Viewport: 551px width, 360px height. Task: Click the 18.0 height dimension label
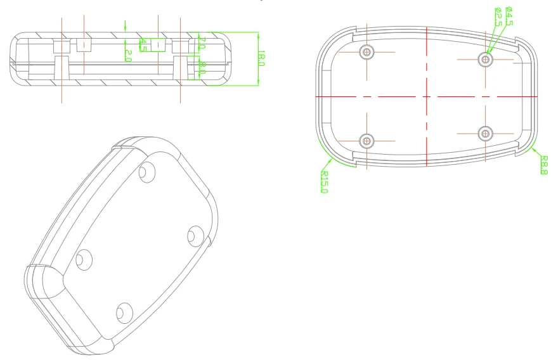pyautogui.click(x=261, y=58)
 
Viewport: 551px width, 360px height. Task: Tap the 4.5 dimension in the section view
pyautogui.click(x=143, y=45)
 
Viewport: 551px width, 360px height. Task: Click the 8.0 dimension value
pyautogui.click(x=202, y=67)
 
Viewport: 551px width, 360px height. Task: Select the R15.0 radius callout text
pyautogui.click(x=324, y=182)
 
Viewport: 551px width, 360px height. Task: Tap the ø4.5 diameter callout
pyautogui.click(x=509, y=15)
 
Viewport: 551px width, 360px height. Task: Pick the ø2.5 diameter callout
pyautogui.click(x=499, y=16)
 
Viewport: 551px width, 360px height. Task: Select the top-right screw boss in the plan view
pyautogui.click(x=486, y=59)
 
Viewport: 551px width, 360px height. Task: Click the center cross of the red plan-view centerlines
pyautogui.click(x=428, y=96)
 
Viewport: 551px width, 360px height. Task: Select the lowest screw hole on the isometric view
pyautogui.click(x=123, y=311)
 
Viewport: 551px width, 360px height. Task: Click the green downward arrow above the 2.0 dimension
pyautogui.click(x=127, y=25)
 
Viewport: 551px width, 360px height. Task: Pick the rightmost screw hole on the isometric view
pyautogui.click(x=195, y=236)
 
